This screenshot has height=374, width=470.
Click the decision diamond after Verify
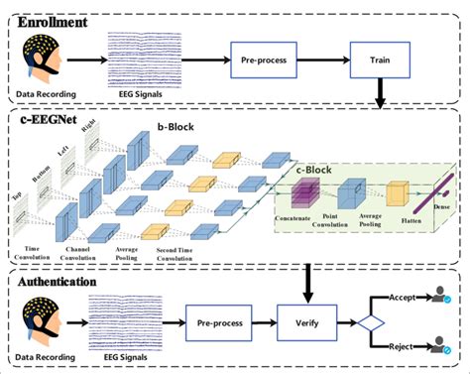370,322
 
